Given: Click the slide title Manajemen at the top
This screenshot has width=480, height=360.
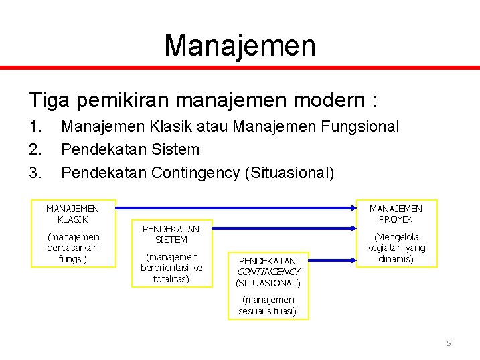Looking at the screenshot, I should (x=240, y=45).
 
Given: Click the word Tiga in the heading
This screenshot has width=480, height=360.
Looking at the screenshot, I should (x=49, y=100).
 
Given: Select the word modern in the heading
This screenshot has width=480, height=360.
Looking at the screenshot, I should (x=328, y=100).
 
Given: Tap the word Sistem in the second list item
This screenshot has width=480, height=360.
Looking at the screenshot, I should (x=175, y=149).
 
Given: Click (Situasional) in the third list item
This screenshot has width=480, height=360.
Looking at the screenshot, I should (x=289, y=173).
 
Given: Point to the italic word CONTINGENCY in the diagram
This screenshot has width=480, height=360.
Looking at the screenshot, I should (x=268, y=272).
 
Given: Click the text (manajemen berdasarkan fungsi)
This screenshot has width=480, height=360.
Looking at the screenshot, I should (x=72, y=248).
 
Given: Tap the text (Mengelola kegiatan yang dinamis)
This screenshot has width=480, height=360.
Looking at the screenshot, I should (x=396, y=248).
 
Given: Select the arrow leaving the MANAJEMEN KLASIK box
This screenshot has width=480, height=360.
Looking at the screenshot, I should (x=234, y=207).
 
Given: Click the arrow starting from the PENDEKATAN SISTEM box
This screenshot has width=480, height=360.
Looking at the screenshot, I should (x=281, y=228).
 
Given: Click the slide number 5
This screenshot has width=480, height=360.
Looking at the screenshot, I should (x=449, y=343).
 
